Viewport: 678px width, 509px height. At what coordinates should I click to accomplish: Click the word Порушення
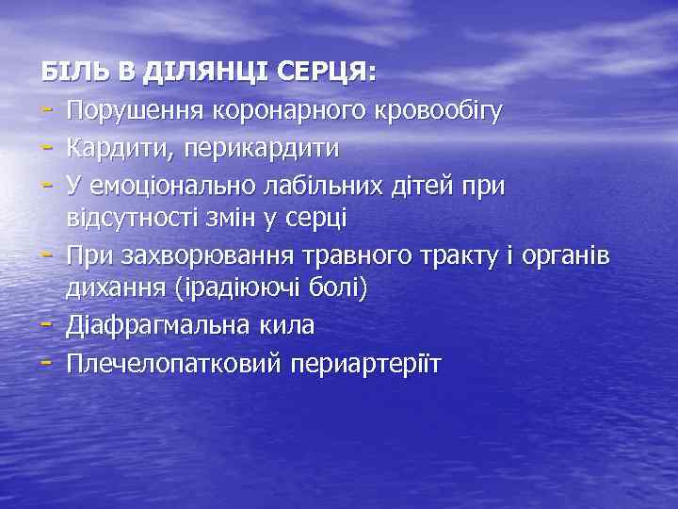tap(125, 111)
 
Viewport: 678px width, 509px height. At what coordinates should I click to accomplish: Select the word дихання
tap(105, 290)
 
